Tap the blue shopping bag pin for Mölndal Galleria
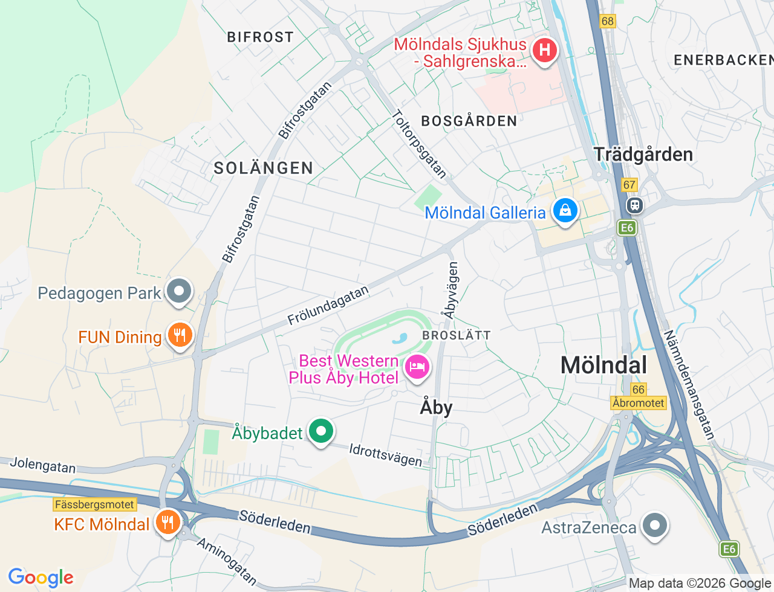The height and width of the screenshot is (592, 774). pyautogui.click(x=565, y=211)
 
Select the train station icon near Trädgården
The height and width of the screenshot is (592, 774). pyautogui.click(x=634, y=205)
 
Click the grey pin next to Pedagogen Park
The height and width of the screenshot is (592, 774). pyautogui.click(x=178, y=292)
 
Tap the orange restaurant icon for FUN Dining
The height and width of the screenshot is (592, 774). pyautogui.click(x=180, y=335)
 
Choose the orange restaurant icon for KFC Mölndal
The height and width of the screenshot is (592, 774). pyautogui.click(x=167, y=523)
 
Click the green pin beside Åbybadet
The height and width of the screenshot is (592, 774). pyautogui.click(x=321, y=431)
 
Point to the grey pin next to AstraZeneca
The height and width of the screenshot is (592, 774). pyautogui.click(x=654, y=526)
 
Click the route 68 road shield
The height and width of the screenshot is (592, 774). pyautogui.click(x=607, y=21)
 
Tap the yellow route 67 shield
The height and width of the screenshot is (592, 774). pyautogui.click(x=629, y=185)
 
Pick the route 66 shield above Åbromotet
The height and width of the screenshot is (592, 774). pyautogui.click(x=638, y=390)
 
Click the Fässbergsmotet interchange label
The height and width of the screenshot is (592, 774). pyautogui.click(x=95, y=504)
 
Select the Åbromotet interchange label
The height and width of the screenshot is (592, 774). pyautogui.click(x=639, y=403)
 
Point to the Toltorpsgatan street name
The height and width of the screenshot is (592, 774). pyautogui.click(x=420, y=144)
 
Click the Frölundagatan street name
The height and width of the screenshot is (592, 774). pyautogui.click(x=328, y=306)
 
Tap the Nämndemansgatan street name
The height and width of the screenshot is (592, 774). pyautogui.click(x=689, y=384)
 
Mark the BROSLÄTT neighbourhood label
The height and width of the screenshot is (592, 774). pyautogui.click(x=457, y=335)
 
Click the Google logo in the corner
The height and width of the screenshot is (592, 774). pyautogui.click(x=41, y=578)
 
